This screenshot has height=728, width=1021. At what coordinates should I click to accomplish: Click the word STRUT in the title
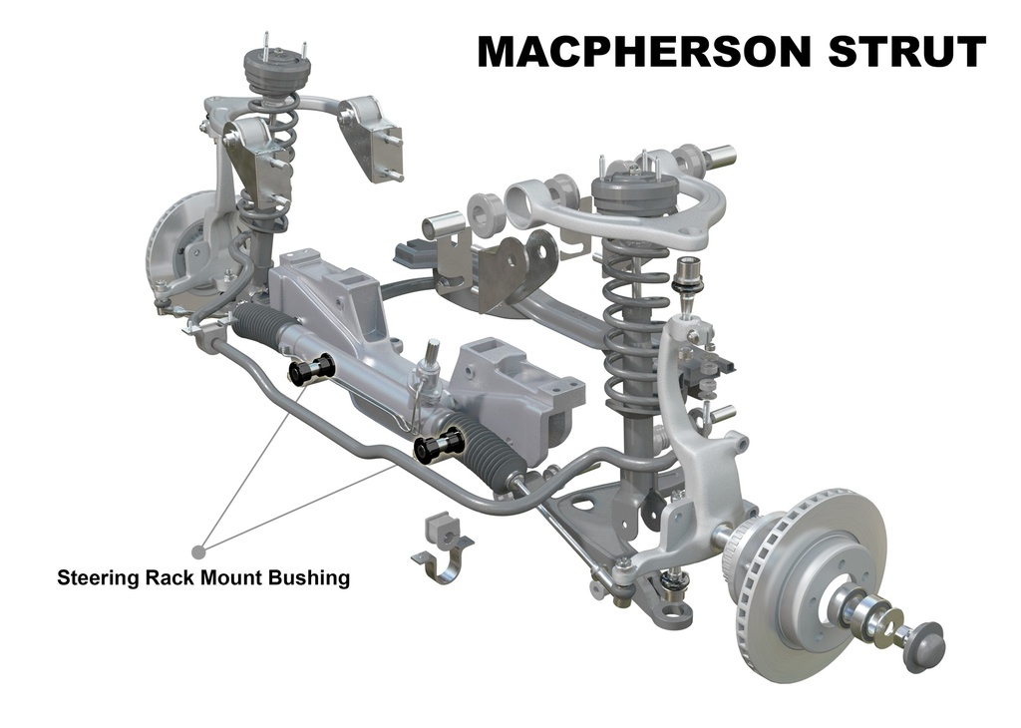click(x=907, y=52)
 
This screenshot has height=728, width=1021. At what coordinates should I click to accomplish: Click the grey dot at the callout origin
click(x=199, y=551)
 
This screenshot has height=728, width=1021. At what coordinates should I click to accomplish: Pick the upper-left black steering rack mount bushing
click(x=312, y=369)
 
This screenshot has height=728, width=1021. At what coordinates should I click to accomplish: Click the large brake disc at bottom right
click(x=811, y=582)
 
